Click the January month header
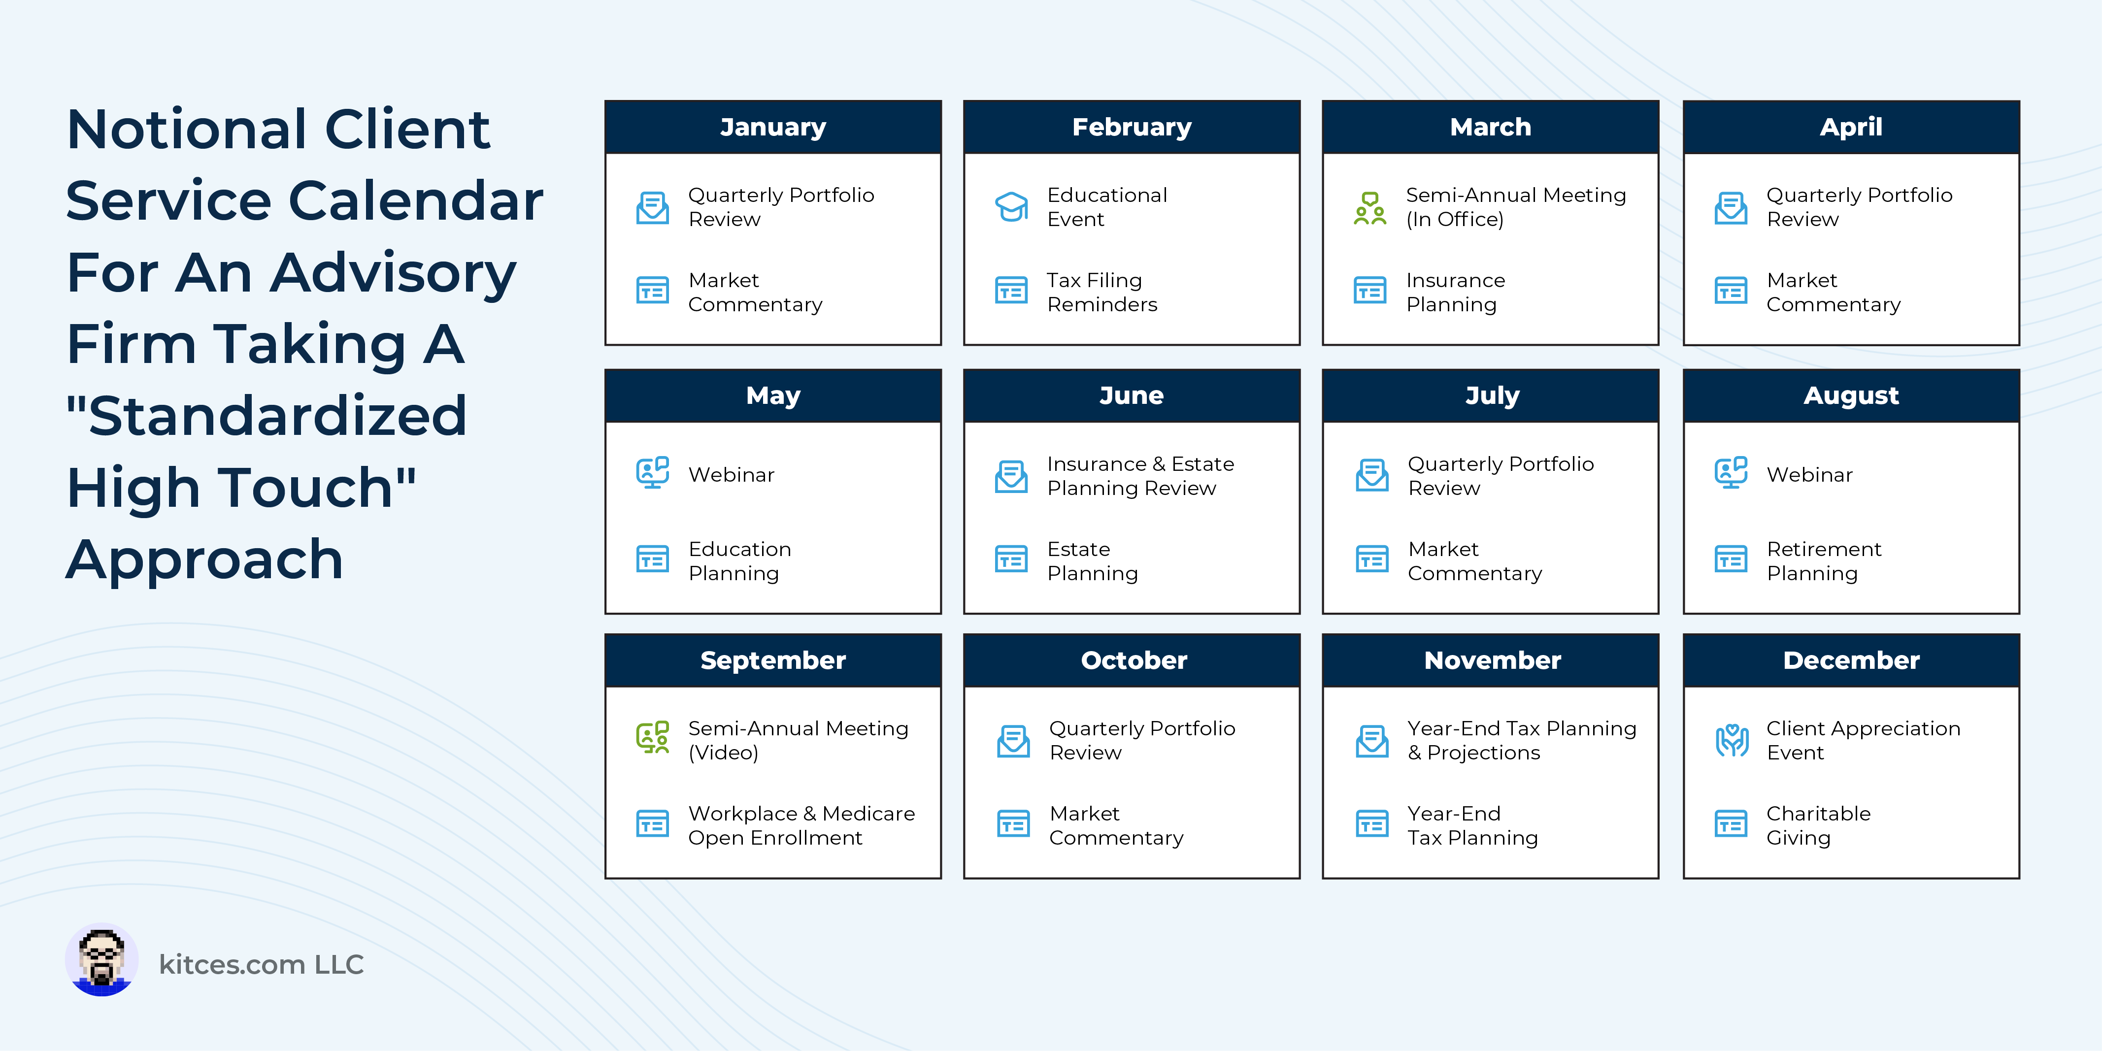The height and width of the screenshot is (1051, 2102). [x=773, y=127]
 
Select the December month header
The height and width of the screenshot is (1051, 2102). [x=1851, y=660]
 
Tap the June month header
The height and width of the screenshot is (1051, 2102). [x=1131, y=396]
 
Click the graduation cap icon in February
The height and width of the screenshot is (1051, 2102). [x=1011, y=207]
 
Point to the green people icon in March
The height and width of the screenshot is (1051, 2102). [x=1370, y=208]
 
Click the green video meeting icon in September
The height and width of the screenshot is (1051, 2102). [x=653, y=737]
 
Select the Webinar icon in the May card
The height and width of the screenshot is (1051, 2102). [x=653, y=472]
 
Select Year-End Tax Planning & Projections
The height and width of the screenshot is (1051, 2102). [x=1522, y=740]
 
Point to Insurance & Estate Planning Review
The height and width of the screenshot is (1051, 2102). [x=1140, y=476]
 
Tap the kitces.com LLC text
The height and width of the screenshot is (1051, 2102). [x=261, y=964]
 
